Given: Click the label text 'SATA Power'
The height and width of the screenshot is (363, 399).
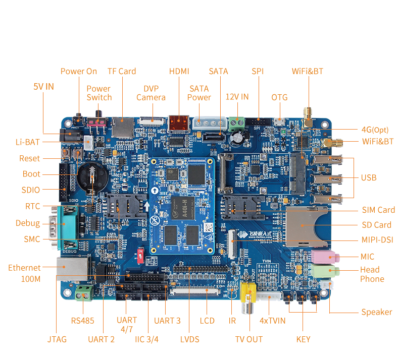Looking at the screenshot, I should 199,93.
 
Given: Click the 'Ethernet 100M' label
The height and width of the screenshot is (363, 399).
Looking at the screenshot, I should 24,273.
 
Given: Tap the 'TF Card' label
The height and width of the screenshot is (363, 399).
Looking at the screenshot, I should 122,71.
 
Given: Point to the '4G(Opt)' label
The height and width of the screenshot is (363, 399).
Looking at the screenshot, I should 375,129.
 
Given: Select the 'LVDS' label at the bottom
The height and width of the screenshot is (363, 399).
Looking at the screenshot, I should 189,339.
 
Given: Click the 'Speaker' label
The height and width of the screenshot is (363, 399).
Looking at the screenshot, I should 376,312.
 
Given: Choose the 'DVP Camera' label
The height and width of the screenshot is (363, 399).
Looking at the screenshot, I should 151,93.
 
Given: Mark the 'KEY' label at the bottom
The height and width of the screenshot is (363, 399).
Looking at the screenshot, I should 303,339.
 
